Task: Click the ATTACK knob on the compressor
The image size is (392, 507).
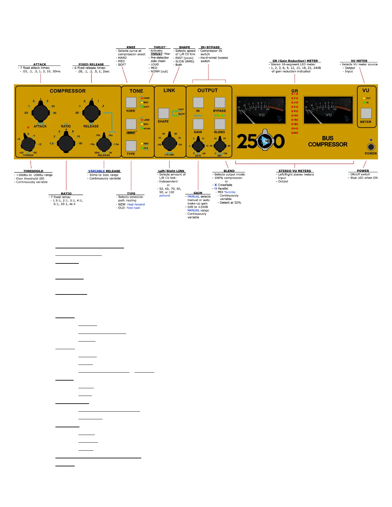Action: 40,112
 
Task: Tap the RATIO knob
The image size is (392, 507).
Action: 66,143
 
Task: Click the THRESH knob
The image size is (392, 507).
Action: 28,144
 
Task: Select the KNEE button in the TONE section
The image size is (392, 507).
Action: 131,102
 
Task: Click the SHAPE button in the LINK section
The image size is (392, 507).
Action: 163,113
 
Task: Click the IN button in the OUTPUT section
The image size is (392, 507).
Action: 198,102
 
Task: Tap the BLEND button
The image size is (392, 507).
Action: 220,124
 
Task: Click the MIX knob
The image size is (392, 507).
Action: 220,146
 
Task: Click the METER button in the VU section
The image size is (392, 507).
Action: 366,113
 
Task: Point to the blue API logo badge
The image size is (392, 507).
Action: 265,141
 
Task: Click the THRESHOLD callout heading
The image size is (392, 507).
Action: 33,171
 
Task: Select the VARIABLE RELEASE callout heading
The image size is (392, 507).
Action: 104,171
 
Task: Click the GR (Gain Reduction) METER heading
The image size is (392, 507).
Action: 295,61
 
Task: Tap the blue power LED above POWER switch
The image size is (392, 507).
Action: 371,140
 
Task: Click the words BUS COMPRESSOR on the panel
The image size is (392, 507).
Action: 328,141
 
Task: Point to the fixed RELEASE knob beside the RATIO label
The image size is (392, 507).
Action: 91,112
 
